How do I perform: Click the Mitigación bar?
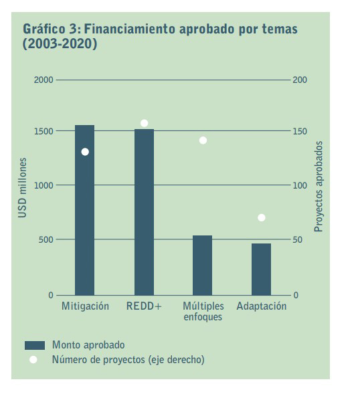click(84, 210)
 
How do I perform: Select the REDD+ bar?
click(144, 212)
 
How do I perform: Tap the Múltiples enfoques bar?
click(203, 266)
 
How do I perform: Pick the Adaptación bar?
click(262, 270)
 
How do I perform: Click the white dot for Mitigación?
click(85, 152)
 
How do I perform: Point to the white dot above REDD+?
click(144, 123)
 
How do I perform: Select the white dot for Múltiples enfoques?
click(203, 140)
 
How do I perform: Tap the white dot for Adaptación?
click(262, 217)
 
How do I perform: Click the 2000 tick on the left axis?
click(43, 80)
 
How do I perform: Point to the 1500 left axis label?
click(43, 131)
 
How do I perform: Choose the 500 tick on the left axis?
click(46, 239)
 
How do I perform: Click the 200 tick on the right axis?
click(300, 80)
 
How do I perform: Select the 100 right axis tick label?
click(300, 185)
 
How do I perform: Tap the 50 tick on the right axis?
click(298, 239)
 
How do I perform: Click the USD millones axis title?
click(23, 188)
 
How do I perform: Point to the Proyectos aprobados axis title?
click(319, 187)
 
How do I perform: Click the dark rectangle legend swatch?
click(35, 345)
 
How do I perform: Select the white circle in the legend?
click(33, 360)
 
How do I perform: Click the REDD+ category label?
click(144, 306)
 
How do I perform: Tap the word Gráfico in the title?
click(44, 29)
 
